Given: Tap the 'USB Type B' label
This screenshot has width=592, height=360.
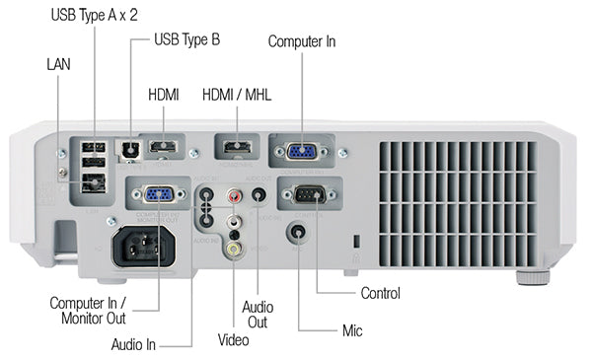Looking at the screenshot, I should tap(187, 40).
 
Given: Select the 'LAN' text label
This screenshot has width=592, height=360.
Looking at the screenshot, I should tap(58, 63).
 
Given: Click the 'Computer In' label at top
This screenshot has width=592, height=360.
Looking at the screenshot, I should tap(302, 41).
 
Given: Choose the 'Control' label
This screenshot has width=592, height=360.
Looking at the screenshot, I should tap(381, 293).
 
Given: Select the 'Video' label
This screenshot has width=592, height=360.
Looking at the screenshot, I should tap(234, 340).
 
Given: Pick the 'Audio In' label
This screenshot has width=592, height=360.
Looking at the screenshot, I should tap(138, 344).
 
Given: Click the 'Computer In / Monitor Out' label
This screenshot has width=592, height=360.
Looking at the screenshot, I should tap(88, 310).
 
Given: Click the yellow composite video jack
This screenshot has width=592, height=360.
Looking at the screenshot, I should tap(233, 250).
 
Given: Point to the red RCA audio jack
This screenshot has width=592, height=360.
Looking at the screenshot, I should tap(234, 197).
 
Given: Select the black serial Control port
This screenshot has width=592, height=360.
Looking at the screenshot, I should tap(311, 195).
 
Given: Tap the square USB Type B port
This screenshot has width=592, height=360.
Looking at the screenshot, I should tap(127, 148).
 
